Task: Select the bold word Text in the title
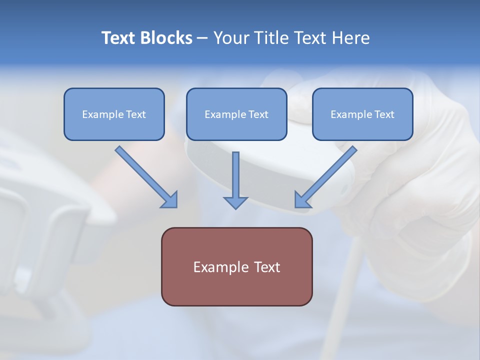[119, 38]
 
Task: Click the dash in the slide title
[202, 38]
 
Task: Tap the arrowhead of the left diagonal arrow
[170, 200]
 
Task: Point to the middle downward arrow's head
[235, 202]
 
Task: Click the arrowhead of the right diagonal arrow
[301, 200]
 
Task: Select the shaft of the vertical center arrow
[235, 172]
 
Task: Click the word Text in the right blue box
[384, 114]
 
